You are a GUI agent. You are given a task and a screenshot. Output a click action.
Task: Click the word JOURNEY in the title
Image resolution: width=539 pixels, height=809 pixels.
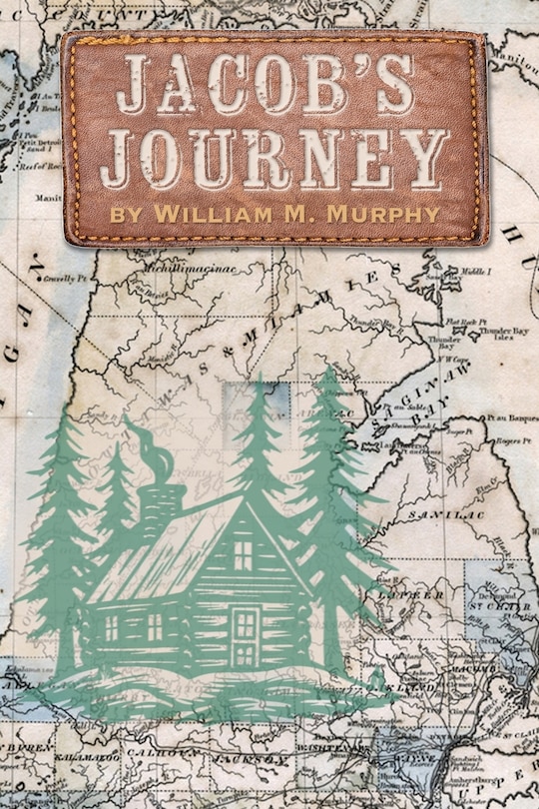coord(273,157)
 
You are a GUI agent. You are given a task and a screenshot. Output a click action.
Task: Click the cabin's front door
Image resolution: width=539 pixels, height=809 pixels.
coord(244,636)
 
